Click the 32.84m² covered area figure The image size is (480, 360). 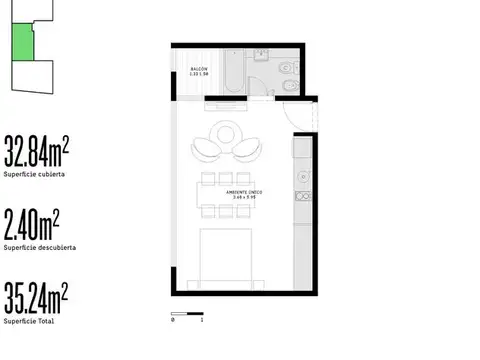point(36,152)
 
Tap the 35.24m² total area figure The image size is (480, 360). point(36,296)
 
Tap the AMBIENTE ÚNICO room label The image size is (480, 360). point(243,193)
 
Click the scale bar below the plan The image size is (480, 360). point(187,317)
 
